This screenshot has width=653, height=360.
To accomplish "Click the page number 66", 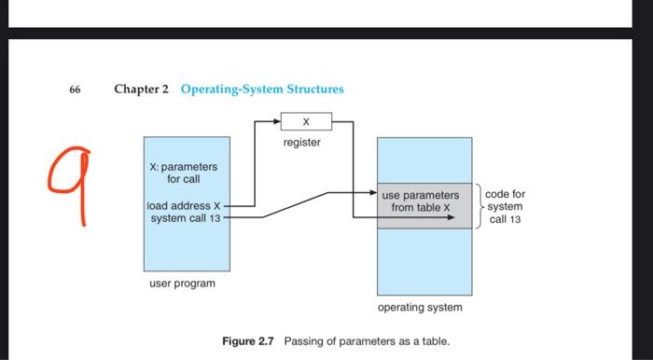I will pos(75,90).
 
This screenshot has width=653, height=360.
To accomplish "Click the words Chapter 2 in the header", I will pos(142,90).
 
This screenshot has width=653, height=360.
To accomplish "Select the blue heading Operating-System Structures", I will pos(262,90).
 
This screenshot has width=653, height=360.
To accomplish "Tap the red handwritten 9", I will pos(69,188).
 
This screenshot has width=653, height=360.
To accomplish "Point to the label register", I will pos(302,143).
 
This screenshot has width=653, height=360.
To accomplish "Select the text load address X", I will pos(184,206).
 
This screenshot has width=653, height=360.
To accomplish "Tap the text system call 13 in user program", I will pos(183,218).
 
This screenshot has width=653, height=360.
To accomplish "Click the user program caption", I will pos(183,283).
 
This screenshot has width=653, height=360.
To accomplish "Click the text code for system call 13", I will pos(505,206).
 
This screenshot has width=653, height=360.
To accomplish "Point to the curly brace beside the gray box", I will pos(477,206).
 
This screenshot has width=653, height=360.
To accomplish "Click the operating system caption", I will pos(420,307).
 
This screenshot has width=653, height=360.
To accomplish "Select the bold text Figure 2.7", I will pos(249,341).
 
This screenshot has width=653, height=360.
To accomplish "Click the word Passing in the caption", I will pos(304,341).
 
